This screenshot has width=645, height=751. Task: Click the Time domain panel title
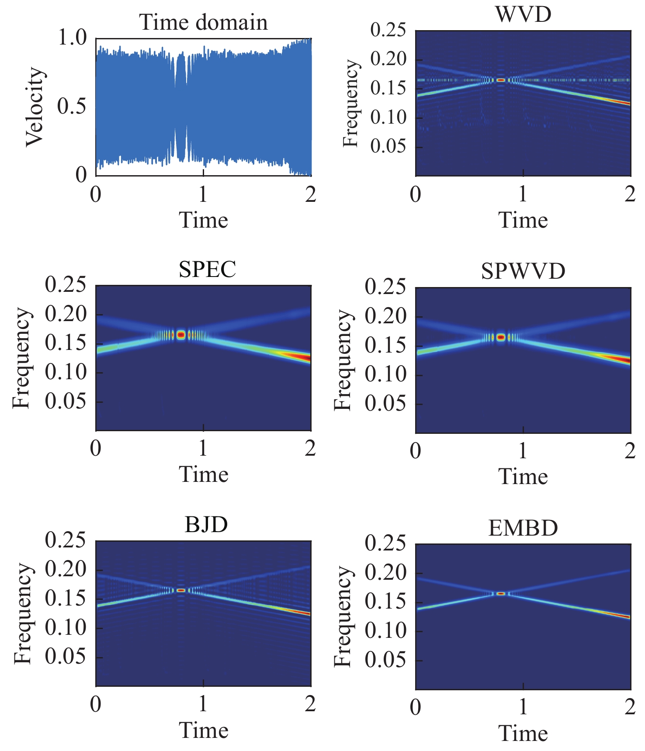tap(203, 22)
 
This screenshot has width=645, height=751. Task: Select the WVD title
tap(523, 14)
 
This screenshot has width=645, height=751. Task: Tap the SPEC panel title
tap(207, 269)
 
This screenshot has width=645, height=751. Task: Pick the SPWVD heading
tap(523, 271)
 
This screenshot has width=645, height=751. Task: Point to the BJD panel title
tap(206, 524)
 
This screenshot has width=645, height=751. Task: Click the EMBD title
tap(523, 528)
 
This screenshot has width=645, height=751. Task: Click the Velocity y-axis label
tap(35, 107)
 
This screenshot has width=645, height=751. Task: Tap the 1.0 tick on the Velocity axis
tap(73, 38)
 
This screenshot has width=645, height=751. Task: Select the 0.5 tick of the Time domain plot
tap(73, 107)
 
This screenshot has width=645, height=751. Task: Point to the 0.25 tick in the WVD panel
tap(388, 30)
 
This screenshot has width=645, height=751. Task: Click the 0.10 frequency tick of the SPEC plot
tap(66, 372)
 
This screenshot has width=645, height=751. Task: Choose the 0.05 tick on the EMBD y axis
tap(385, 660)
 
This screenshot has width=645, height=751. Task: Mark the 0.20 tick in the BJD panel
tap(66, 569)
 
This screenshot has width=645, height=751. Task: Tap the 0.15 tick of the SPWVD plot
tap(385, 346)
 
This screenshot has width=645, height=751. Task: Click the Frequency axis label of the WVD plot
tap(350, 104)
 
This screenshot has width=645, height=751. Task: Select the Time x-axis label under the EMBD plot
tap(523, 733)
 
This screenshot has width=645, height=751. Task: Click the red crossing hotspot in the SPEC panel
tap(181, 335)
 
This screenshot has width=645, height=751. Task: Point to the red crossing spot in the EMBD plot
tap(501, 593)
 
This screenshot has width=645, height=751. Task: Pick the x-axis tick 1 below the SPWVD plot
tap(523, 451)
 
